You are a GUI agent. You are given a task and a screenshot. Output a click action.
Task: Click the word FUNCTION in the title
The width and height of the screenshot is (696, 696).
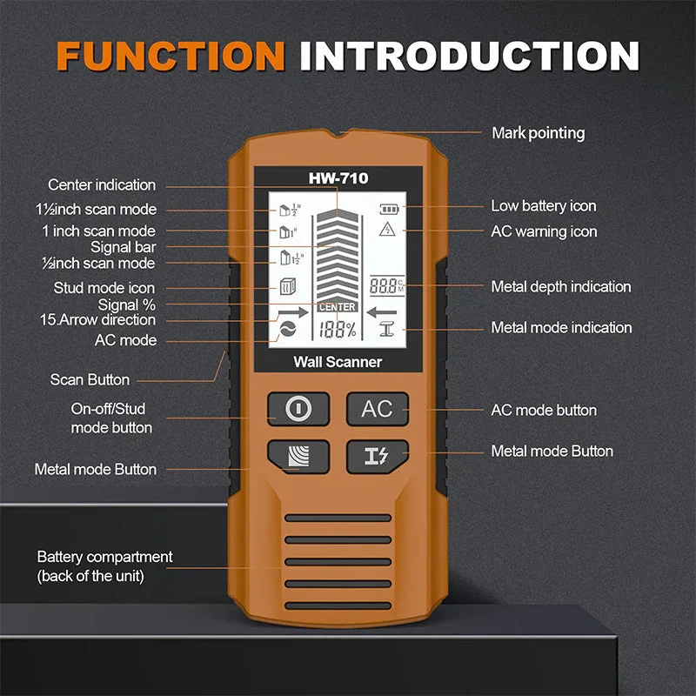[171, 55]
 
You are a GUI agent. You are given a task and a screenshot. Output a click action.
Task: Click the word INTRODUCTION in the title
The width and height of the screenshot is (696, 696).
[470, 55]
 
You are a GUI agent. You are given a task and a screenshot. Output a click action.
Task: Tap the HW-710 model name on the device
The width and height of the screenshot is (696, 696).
[338, 178]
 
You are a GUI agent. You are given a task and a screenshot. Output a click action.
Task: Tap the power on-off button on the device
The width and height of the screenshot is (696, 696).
[298, 408]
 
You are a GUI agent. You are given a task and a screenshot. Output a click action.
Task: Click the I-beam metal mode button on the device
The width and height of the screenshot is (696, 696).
[377, 455]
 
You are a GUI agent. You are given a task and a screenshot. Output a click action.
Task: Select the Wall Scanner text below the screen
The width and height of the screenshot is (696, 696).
[338, 362]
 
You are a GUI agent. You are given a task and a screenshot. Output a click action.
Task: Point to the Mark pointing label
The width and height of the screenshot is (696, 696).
[539, 133]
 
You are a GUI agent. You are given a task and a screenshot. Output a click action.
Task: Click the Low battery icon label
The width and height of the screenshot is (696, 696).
[544, 206]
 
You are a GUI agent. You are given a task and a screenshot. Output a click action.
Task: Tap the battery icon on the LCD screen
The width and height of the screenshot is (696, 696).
[386, 209]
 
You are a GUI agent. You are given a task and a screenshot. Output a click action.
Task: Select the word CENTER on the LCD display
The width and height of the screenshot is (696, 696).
[337, 307]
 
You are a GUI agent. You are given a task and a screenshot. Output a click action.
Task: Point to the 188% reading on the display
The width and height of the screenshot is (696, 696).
[337, 329]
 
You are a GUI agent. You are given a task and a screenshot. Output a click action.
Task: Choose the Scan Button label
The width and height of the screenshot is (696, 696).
[90, 379]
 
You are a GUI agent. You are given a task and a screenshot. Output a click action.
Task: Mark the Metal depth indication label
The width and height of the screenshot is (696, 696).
[561, 286]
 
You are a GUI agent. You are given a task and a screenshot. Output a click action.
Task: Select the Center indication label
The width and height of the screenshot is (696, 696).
[102, 184]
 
